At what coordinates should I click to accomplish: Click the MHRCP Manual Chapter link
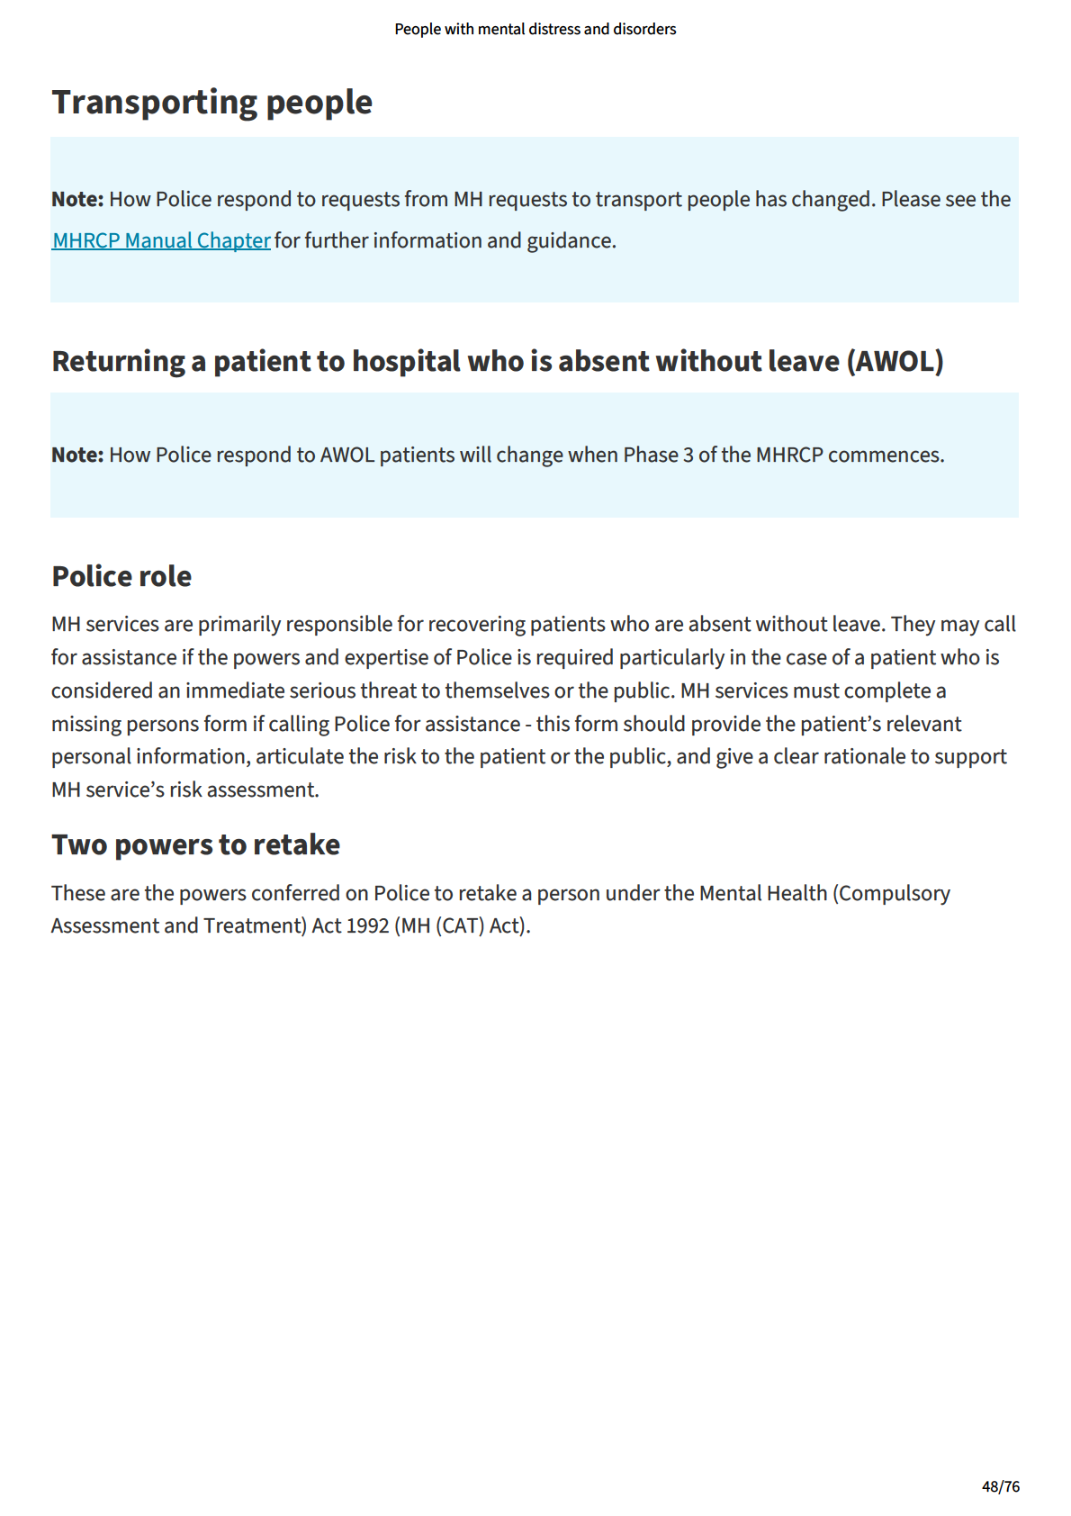click(161, 241)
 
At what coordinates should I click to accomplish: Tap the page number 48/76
click(1000, 1486)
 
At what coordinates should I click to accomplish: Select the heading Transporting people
click(211, 102)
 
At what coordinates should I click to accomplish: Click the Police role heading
click(121, 576)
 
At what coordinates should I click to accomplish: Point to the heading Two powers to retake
click(195, 844)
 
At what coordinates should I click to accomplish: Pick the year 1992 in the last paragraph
click(367, 926)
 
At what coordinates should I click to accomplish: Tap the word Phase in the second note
click(651, 456)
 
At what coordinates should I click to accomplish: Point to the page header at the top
click(535, 29)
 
